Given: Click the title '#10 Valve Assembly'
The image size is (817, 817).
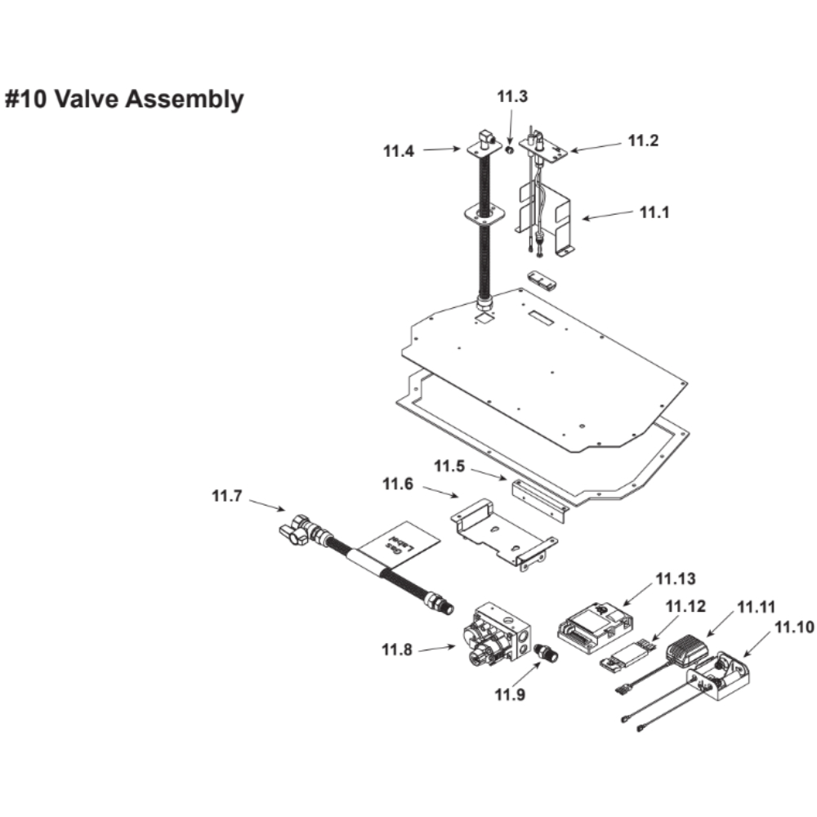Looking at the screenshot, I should point(124,100).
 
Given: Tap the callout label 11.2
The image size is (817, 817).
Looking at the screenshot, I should point(643,141).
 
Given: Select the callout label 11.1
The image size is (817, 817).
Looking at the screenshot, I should point(654,212).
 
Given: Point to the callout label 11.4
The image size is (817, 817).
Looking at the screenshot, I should point(399,150).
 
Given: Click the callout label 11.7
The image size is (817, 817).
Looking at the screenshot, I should point(227,496).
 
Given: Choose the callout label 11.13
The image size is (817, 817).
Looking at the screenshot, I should point(675,579).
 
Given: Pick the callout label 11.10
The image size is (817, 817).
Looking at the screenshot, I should point(794,627).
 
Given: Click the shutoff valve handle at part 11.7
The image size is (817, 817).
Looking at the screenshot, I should point(293,532).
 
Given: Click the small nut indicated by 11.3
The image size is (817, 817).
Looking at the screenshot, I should point(508,150).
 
